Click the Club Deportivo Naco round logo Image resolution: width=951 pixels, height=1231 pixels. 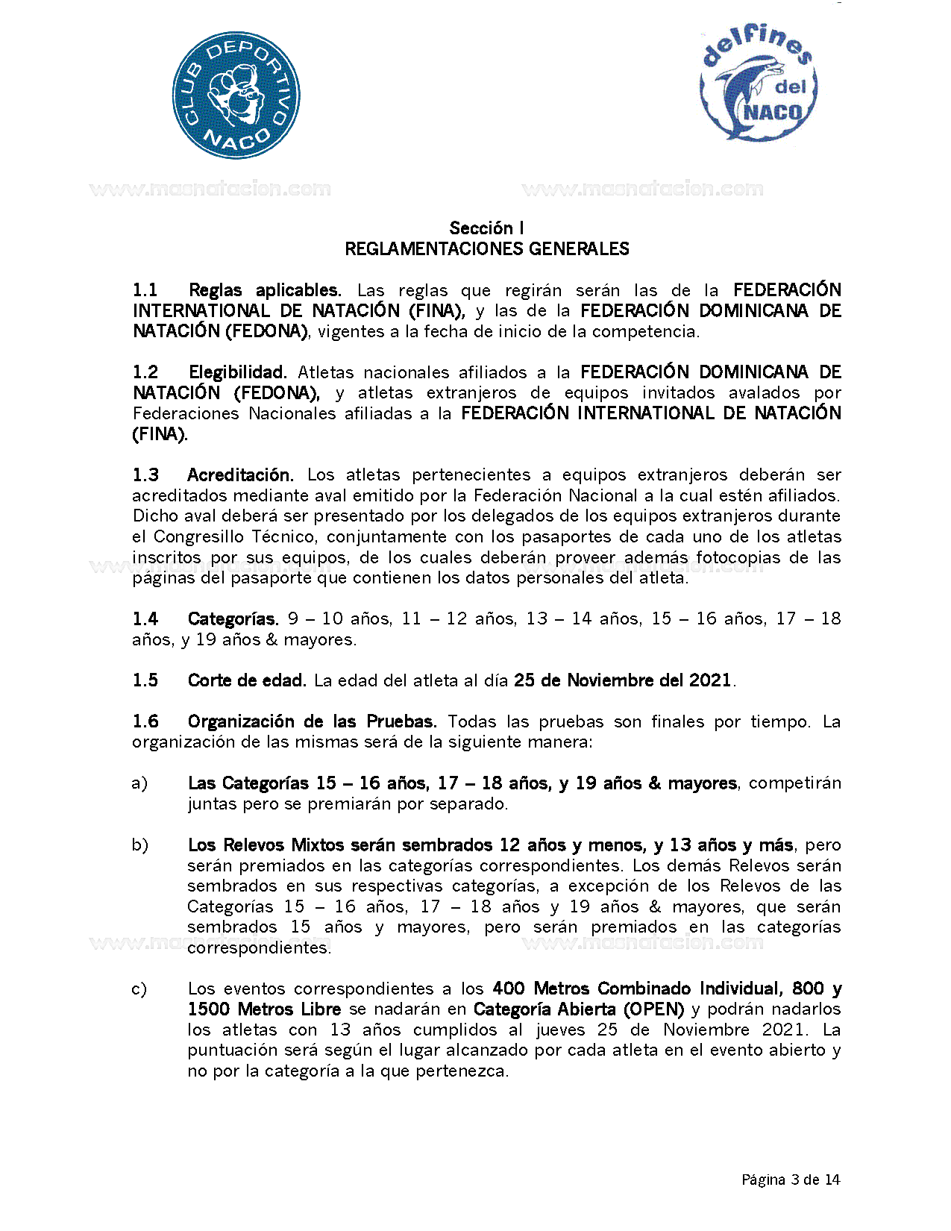pyautogui.click(x=236, y=95)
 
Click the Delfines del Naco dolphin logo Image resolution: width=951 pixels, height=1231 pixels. pyautogui.click(x=758, y=84)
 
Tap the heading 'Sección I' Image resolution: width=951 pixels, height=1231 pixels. pyautogui.click(x=486, y=228)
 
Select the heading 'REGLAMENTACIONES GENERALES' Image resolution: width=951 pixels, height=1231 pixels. pyautogui.click(x=486, y=249)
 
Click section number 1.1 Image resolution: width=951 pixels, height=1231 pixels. pyautogui.click(x=145, y=290)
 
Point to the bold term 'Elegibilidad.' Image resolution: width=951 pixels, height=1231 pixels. pyautogui.click(x=237, y=372)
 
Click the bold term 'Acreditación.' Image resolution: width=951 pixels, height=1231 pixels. pyautogui.click(x=240, y=475)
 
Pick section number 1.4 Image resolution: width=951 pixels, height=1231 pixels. pyautogui.click(x=145, y=619)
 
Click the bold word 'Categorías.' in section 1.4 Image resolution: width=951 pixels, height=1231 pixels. pyautogui.click(x=233, y=619)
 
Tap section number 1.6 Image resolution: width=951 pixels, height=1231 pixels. pyautogui.click(x=145, y=721)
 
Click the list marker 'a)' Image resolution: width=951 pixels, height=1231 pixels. pyautogui.click(x=139, y=783)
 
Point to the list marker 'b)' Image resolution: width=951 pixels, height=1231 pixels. pyautogui.click(x=139, y=845)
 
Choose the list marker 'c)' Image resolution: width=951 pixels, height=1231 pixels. pyautogui.click(x=139, y=989)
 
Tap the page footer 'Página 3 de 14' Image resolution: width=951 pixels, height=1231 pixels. pyautogui.click(x=791, y=1180)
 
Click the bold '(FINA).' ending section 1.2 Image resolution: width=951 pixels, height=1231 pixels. pyautogui.click(x=160, y=434)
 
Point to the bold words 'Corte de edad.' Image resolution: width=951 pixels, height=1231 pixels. pyautogui.click(x=247, y=680)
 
